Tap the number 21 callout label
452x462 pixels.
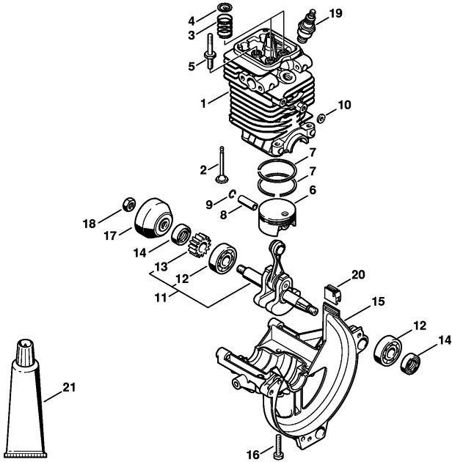(70, 386)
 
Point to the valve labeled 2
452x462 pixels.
(221, 168)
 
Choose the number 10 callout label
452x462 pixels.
(343, 105)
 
